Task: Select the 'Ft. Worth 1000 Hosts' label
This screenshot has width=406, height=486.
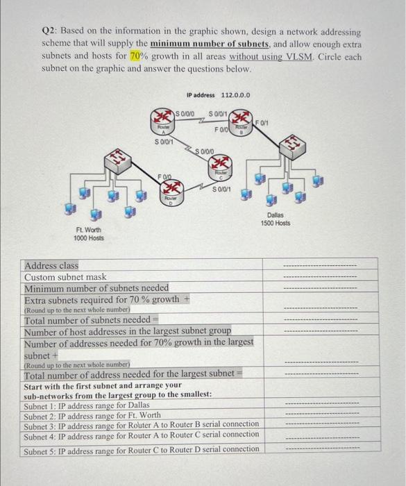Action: [89, 234]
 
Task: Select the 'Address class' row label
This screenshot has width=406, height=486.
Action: [51, 266]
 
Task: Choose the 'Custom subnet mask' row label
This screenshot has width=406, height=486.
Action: [65, 276]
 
